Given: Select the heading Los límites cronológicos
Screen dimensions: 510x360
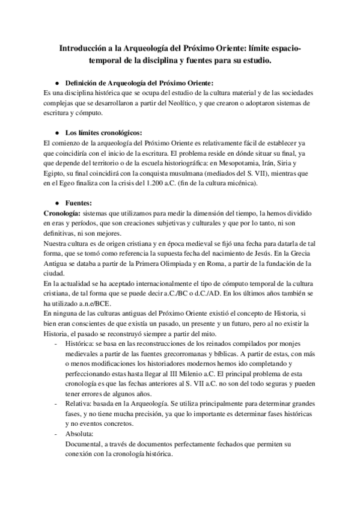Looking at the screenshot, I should [103, 132].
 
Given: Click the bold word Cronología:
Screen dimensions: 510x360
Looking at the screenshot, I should [62, 214].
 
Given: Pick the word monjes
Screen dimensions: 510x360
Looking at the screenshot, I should [297, 343].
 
